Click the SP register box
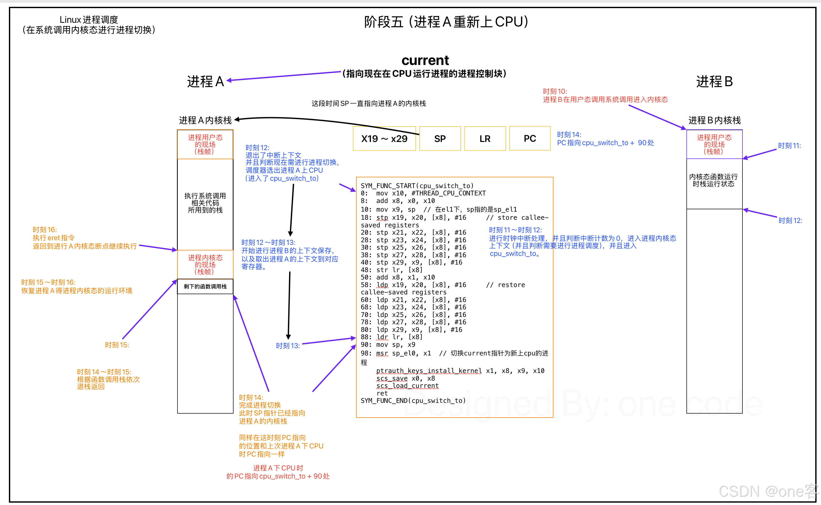[440, 139]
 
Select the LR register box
[485, 139]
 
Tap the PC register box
[530, 139]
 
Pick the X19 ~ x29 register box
[384, 139]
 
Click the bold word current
[425, 61]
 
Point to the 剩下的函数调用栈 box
[205, 287]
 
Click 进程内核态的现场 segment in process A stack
[205, 265]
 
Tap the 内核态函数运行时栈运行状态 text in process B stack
[714, 180]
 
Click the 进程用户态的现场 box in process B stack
[714, 144]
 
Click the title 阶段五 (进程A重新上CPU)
[446, 22]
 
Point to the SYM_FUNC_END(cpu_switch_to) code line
[413, 400]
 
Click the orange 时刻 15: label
[117, 345]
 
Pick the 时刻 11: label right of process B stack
[789, 146]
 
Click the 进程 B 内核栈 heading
[714, 120]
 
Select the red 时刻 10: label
[555, 91]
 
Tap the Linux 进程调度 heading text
[89, 20]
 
